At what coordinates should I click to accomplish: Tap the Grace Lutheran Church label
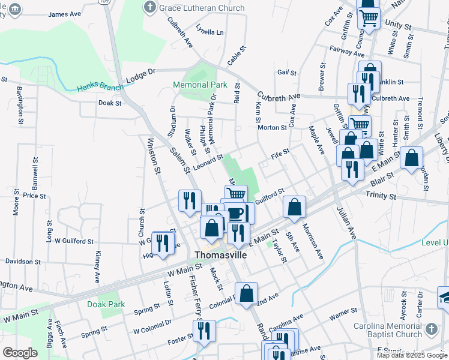(x=200, y=8)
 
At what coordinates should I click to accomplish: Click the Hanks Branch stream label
(x=100, y=88)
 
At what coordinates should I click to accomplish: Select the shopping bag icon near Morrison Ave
(x=294, y=208)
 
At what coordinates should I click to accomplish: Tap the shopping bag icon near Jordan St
(x=411, y=159)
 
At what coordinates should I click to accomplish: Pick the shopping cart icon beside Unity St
(x=369, y=18)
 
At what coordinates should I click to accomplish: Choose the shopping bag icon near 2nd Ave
(x=246, y=295)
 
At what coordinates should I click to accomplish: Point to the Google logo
(x=20, y=353)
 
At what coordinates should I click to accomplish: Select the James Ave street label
(x=65, y=14)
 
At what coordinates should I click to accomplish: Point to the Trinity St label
(x=381, y=196)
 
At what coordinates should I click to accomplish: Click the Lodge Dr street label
(x=141, y=76)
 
